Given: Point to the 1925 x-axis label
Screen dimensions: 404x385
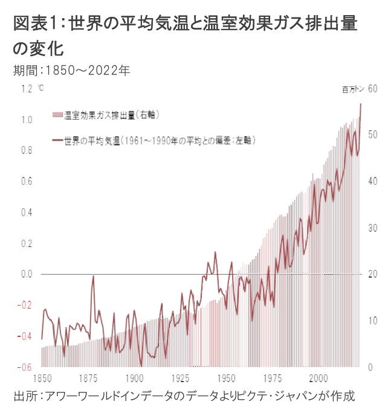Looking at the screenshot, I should tap(180, 379).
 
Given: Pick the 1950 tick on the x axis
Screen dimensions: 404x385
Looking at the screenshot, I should tap(226, 379).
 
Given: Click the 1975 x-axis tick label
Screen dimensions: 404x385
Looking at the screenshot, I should tap(272, 379).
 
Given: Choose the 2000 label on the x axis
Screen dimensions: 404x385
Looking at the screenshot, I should tap(318, 379).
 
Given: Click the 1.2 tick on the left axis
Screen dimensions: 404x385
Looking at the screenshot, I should tap(25, 89).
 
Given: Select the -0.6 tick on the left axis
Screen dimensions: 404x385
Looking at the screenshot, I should tap(24, 367).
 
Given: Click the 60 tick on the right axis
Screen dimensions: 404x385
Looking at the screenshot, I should tap(372, 89).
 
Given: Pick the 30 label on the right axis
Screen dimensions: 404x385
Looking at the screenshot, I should tap(372, 228).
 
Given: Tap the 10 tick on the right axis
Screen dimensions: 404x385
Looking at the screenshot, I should tap(372, 321).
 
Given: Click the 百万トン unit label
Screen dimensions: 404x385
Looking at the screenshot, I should tap(353, 90).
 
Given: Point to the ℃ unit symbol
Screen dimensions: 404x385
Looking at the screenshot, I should tap(40, 88).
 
